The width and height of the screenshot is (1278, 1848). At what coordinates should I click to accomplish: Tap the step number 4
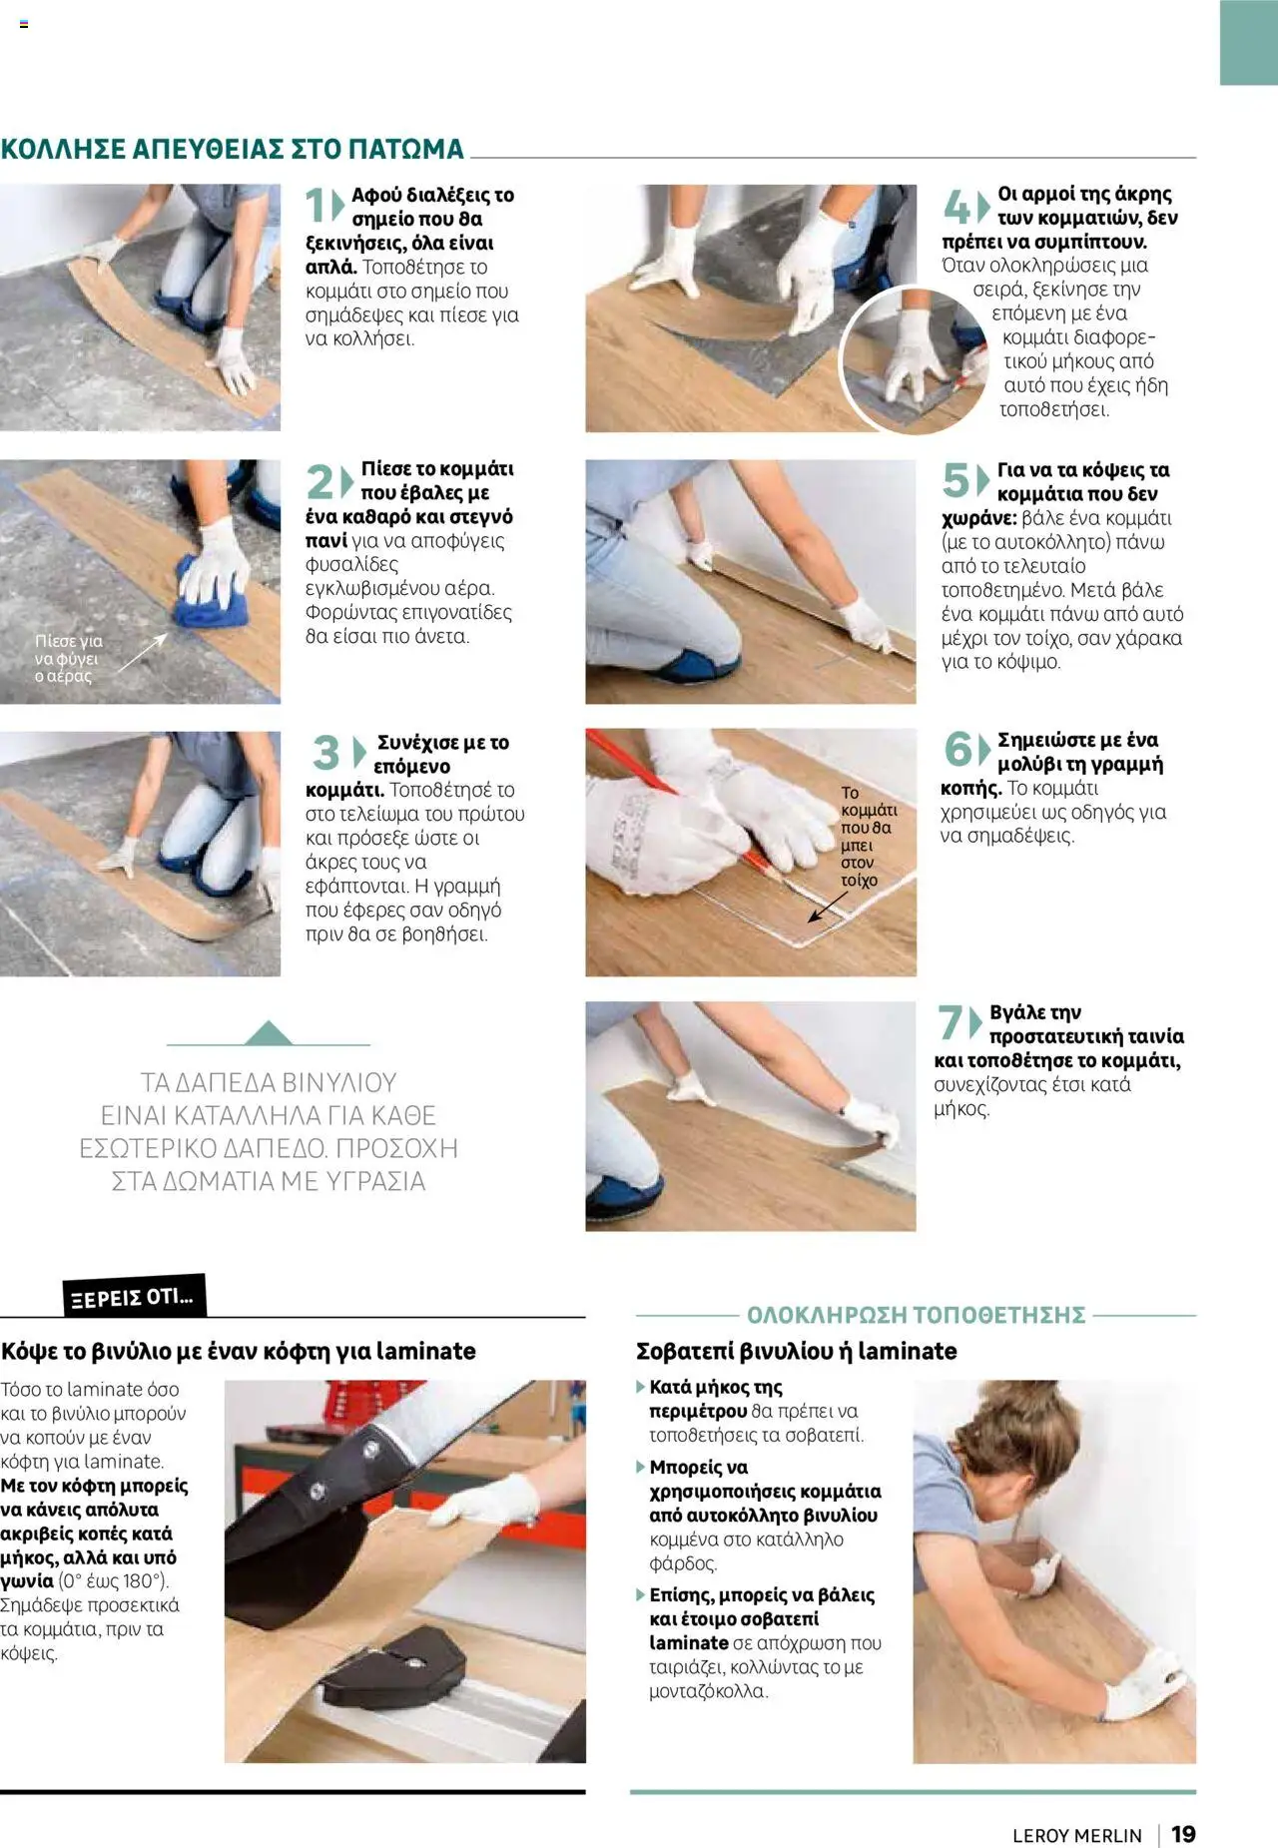(957, 208)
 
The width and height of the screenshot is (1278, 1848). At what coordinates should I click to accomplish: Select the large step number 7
(951, 1022)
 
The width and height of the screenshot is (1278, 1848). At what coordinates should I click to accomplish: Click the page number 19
(1183, 1834)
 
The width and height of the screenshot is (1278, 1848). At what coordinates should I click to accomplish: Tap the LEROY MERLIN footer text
(1076, 1835)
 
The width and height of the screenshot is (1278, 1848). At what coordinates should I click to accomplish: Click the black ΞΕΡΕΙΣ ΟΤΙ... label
(134, 1297)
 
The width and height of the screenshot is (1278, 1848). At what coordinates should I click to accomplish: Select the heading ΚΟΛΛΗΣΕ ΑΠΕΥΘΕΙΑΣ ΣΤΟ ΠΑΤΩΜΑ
(233, 149)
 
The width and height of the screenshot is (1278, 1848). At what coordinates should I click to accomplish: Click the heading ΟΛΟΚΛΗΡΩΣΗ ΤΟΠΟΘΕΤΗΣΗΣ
(916, 1314)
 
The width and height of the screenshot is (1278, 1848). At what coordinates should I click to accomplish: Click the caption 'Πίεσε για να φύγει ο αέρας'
(68, 658)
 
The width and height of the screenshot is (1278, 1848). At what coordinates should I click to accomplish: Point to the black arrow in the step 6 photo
(828, 907)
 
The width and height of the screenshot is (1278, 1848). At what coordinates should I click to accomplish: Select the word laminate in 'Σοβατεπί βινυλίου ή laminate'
(907, 1351)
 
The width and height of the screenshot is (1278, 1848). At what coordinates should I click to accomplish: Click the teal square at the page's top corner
(1248, 42)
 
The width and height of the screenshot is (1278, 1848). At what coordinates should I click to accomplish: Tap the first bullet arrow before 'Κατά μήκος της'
(641, 1387)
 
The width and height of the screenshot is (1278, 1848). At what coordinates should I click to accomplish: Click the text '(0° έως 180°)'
(114, 1580)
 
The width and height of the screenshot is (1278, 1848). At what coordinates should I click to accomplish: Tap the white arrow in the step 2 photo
(144, 651)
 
